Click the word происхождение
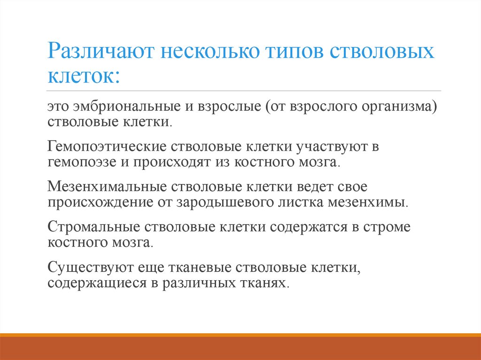point(96,203)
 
